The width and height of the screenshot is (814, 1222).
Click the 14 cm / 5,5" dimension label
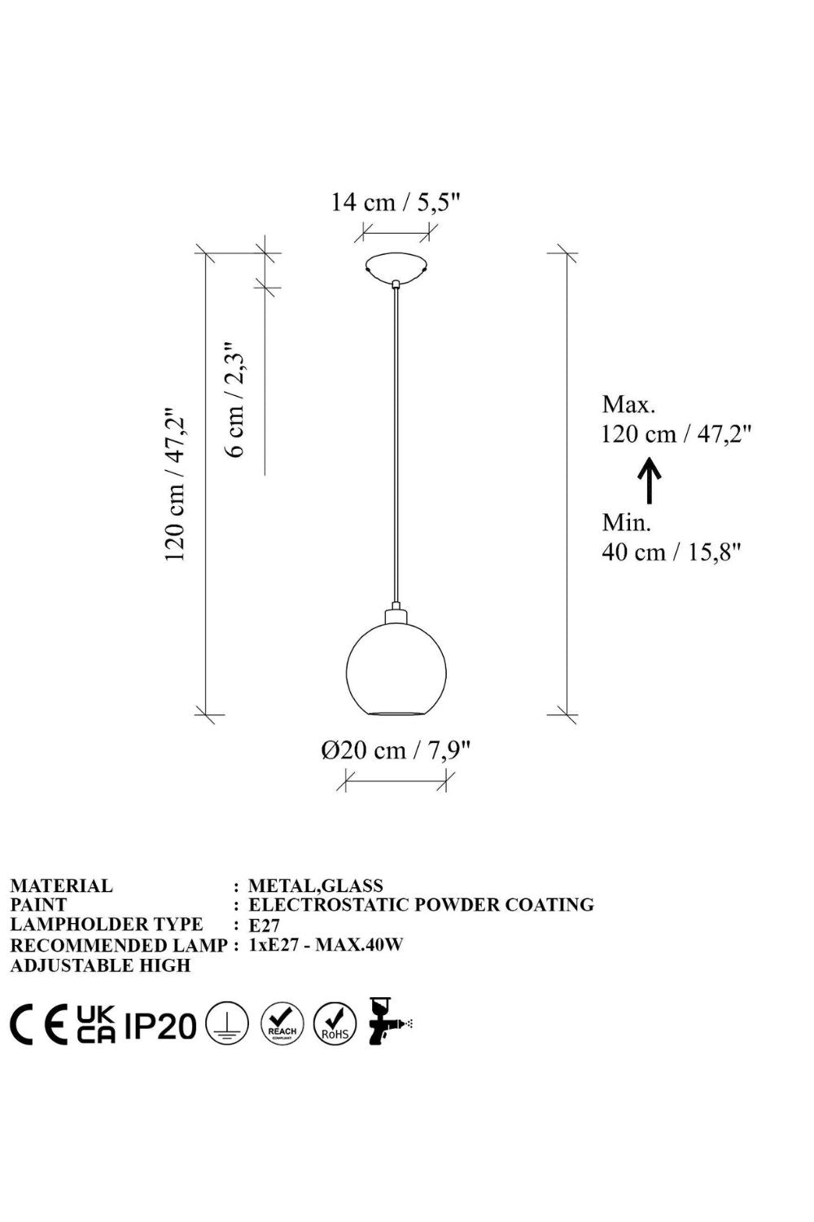[396, 202]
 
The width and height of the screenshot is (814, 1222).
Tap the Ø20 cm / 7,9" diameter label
[396, 750]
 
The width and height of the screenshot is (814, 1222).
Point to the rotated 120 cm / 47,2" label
[176, 483]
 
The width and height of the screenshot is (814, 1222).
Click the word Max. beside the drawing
[628, 404]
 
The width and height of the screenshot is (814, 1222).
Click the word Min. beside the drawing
[627, 523]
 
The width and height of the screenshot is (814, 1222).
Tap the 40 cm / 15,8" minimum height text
[672, 552]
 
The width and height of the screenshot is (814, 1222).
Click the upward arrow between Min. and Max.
[650, 480]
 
